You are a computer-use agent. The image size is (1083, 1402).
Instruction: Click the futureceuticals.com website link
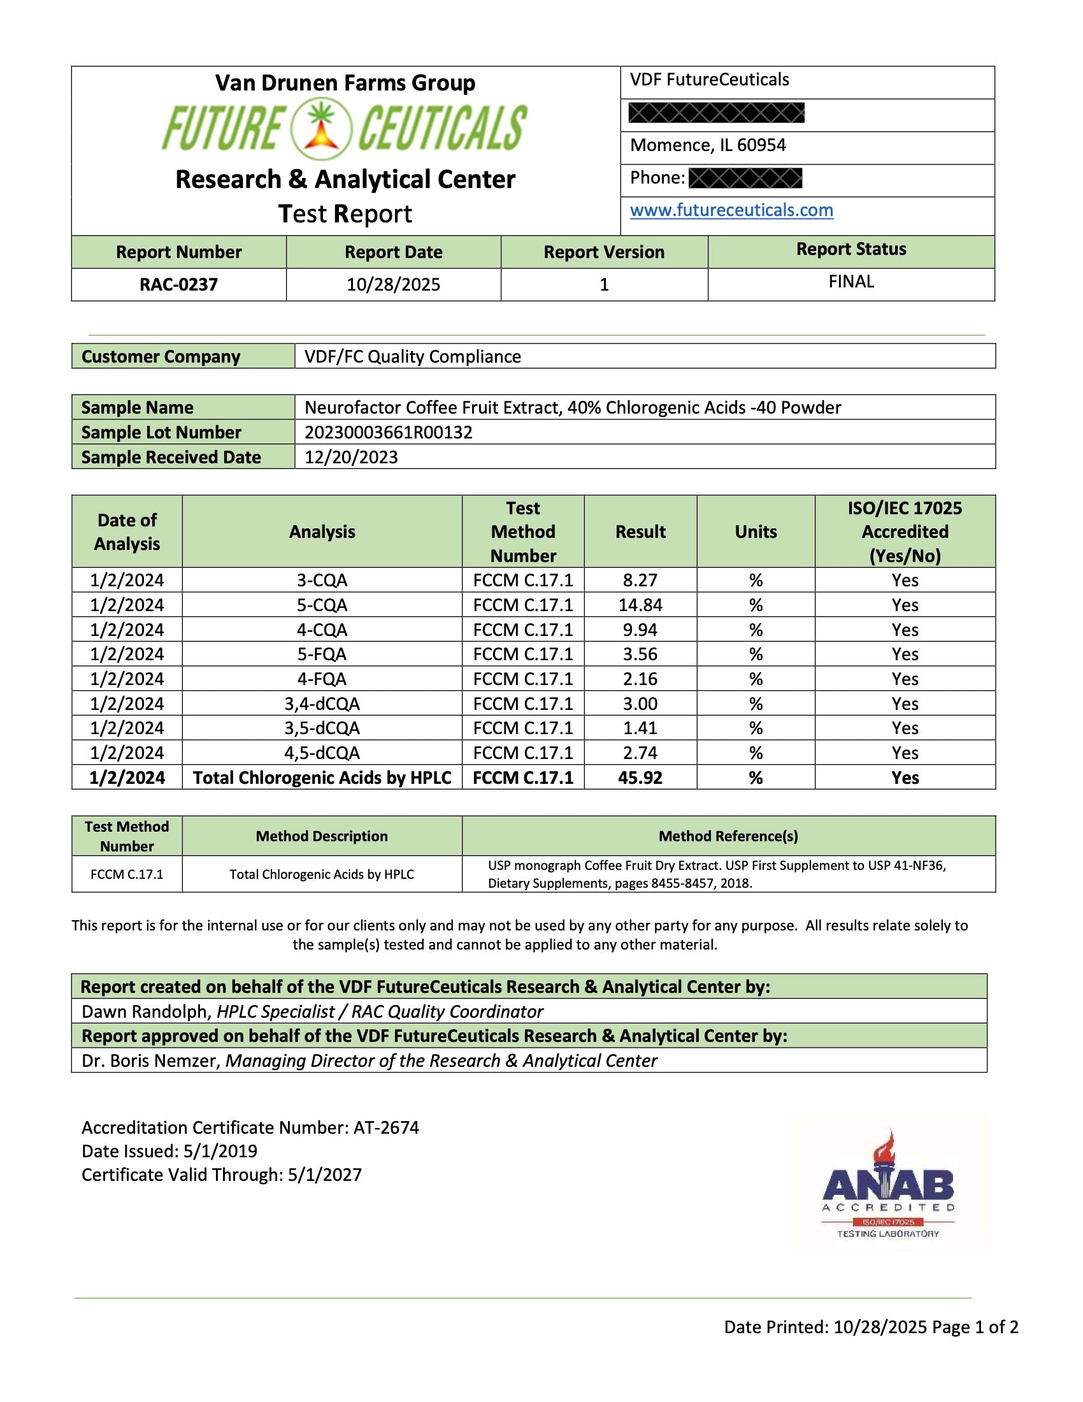[x=731, y=210]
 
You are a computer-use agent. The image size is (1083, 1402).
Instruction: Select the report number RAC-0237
[x=178, y=284]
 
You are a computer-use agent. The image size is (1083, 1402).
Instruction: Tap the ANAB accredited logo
[x=888, y=1185]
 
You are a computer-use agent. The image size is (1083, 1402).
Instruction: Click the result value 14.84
[x=640, y=605]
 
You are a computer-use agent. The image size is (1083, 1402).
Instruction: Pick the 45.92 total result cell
[x=640, y=777]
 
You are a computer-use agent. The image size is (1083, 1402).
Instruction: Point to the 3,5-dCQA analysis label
[x=322, y=728]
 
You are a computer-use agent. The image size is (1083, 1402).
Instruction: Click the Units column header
[x=756, y=531]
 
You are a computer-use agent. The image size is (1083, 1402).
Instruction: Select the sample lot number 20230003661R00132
[x=388, y=432]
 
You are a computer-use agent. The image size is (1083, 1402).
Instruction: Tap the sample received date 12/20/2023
[x=351, y=457]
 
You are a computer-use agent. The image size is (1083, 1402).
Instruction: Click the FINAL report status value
[x=850, y=282]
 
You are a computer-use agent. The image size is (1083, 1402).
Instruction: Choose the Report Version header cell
[x=604, y=252]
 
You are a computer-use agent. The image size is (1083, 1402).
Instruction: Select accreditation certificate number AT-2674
[x=386, y=1127]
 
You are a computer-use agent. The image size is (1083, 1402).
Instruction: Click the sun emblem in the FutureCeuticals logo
[x=322, y=128]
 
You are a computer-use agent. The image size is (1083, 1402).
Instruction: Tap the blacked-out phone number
[x=745, y=178]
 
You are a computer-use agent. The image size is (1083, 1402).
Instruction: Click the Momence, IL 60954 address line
[x=708, y=145]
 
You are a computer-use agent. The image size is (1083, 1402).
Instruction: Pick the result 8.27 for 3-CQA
[x=640, y=581]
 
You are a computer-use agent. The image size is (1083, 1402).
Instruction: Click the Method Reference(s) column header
[x=728, y=836]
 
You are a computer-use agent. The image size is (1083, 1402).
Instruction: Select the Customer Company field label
[x=161, y=356]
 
